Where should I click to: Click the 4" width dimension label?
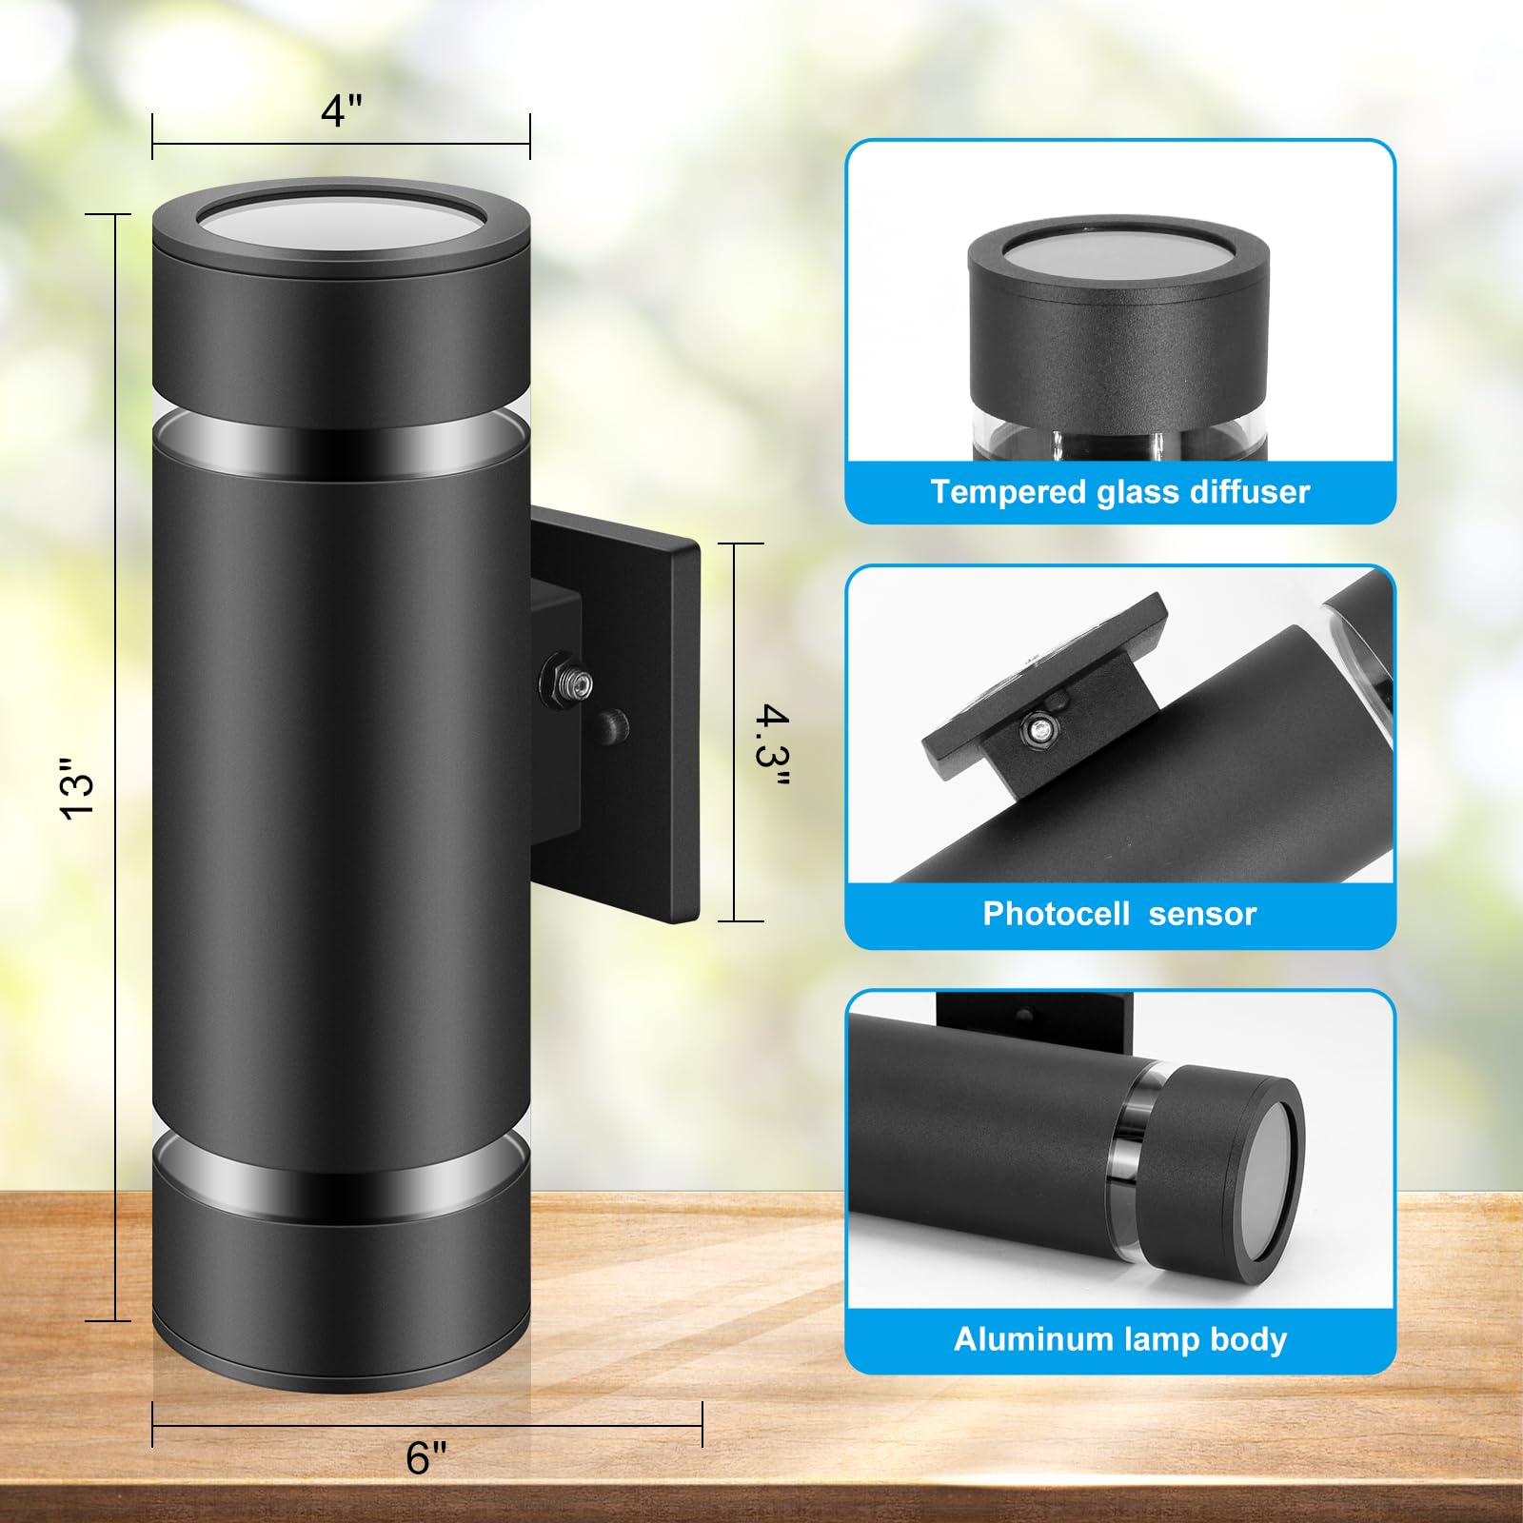pyautogui.click(x=342, y=110)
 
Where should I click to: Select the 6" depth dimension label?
pyautogui.click(x=425, y=1457)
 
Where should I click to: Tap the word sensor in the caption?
pyautogui.click(x=1202, y=915)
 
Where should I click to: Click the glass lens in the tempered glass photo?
pyautogui.click(x=1118, y=259)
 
